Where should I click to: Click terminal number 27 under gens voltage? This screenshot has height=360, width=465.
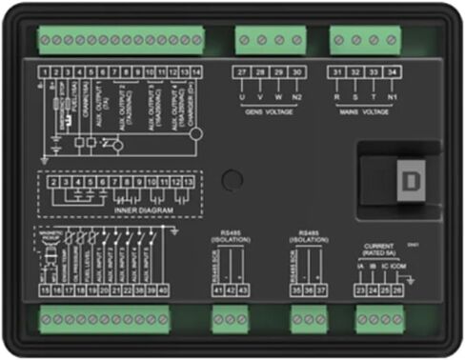242,72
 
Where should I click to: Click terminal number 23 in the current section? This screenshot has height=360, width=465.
359,290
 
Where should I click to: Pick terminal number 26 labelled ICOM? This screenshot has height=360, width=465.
397,290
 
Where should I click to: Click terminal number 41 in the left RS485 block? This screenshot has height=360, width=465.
216,290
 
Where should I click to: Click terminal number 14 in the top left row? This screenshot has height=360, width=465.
196,72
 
